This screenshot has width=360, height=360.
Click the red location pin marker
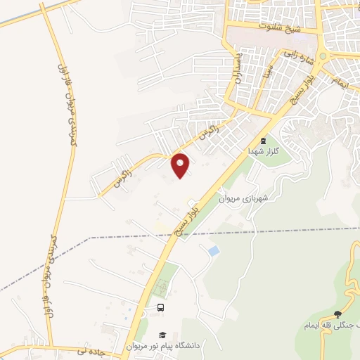181,165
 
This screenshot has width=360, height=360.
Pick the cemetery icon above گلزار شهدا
264,141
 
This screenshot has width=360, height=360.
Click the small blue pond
213,250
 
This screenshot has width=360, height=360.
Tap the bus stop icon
161,307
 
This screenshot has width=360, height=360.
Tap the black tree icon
338,314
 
